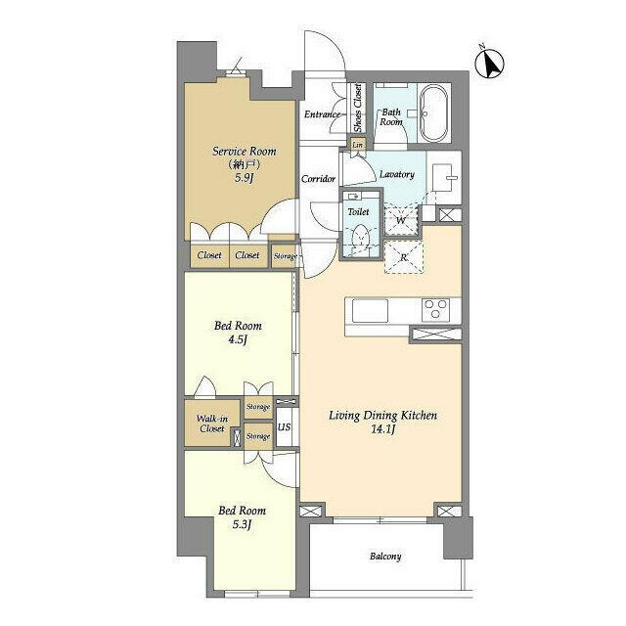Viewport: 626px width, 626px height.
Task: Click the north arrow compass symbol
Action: [489, 63]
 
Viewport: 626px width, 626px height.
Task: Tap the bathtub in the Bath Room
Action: [434, 113]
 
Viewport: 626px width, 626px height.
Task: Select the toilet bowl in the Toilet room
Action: [361, 239]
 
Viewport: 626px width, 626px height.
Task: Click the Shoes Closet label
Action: [358, 108]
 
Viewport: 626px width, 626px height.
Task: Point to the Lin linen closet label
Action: [357, 145]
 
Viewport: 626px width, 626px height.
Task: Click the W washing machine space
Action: [401, 219]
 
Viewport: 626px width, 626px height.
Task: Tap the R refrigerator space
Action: [403, 257]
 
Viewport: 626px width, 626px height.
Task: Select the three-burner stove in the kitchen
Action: [435, 310]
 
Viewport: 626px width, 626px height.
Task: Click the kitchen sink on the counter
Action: [370, 310]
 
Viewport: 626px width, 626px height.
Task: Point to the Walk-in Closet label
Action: [212, 424]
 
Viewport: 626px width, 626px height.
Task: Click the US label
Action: [284, 426]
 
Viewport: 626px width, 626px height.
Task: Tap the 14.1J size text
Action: [382, 429]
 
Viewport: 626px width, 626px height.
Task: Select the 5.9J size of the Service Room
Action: [244, 178]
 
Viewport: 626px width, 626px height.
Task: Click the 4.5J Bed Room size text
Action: [238, 340]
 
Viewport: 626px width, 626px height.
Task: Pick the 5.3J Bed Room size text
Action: [242, 524]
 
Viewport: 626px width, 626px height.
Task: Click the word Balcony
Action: [385, 557]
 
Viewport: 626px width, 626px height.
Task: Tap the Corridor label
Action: [318, 179]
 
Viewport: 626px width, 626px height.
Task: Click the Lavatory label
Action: [397, 174]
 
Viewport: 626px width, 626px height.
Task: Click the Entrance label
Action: [322, 114]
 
